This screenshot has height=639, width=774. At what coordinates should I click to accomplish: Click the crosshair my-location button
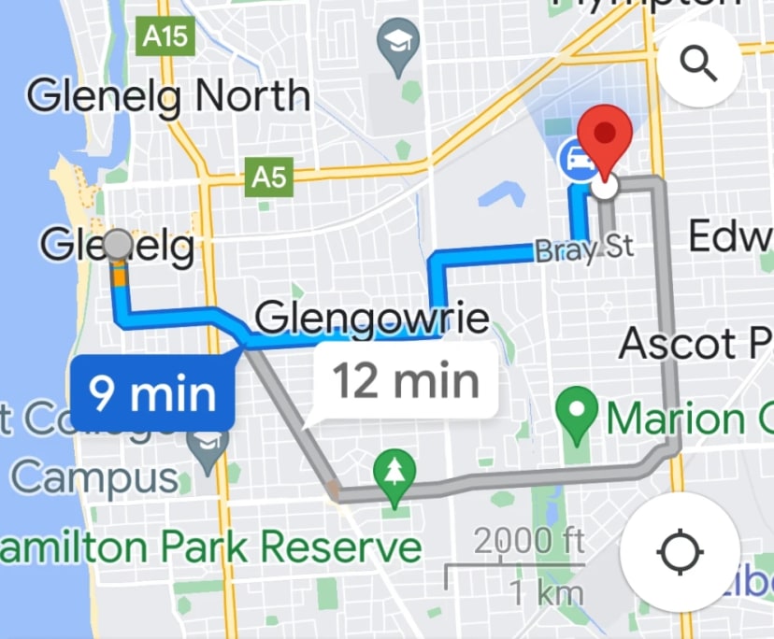pos(680,553)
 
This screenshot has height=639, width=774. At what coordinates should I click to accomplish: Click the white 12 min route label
pos(406,381)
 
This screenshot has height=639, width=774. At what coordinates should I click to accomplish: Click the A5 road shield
pos(269,177)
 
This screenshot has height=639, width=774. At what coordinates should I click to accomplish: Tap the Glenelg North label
pos(168,97)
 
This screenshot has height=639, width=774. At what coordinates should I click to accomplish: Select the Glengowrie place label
pos(372,319)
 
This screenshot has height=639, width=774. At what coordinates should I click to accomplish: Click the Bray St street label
pos(584,248)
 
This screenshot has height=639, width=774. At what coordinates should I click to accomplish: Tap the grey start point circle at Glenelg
pos(118,245)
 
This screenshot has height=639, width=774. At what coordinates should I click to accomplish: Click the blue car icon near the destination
pos(575,159)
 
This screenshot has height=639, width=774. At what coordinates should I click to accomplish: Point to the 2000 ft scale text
pos(529,541)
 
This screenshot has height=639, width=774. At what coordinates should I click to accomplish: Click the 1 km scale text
pos(546,592)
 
